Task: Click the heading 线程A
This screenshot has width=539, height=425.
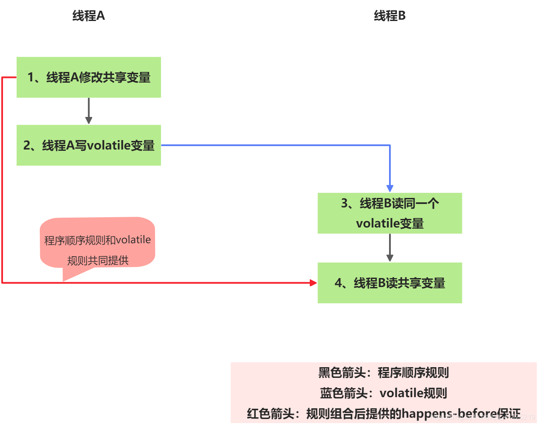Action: [89, 16]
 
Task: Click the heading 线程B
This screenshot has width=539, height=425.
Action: [389, 16]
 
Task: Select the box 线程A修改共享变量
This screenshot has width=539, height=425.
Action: [89, 77]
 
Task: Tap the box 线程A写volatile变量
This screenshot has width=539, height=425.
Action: [89, 145]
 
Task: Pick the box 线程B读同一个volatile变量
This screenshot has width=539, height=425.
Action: [389, 213]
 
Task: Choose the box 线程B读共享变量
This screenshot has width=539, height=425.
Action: [389, 283]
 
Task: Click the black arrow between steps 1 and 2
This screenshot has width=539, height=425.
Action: [89, 111]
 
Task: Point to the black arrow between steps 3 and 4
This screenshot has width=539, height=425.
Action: [389, 247]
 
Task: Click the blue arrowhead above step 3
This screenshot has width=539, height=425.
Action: [389, 189]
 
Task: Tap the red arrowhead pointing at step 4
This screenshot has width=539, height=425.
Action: [313, 283]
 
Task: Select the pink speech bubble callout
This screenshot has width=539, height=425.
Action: [98, 242]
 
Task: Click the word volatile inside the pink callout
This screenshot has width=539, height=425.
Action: [133, 240]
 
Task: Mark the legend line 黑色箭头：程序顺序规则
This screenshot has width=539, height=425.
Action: [383, 373]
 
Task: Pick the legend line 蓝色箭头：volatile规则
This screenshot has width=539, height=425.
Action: [383, 393]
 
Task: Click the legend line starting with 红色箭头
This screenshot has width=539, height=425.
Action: [383, 413]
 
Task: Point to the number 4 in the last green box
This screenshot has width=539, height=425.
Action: [338, 283]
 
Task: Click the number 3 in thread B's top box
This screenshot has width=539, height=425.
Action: [345, 203]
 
